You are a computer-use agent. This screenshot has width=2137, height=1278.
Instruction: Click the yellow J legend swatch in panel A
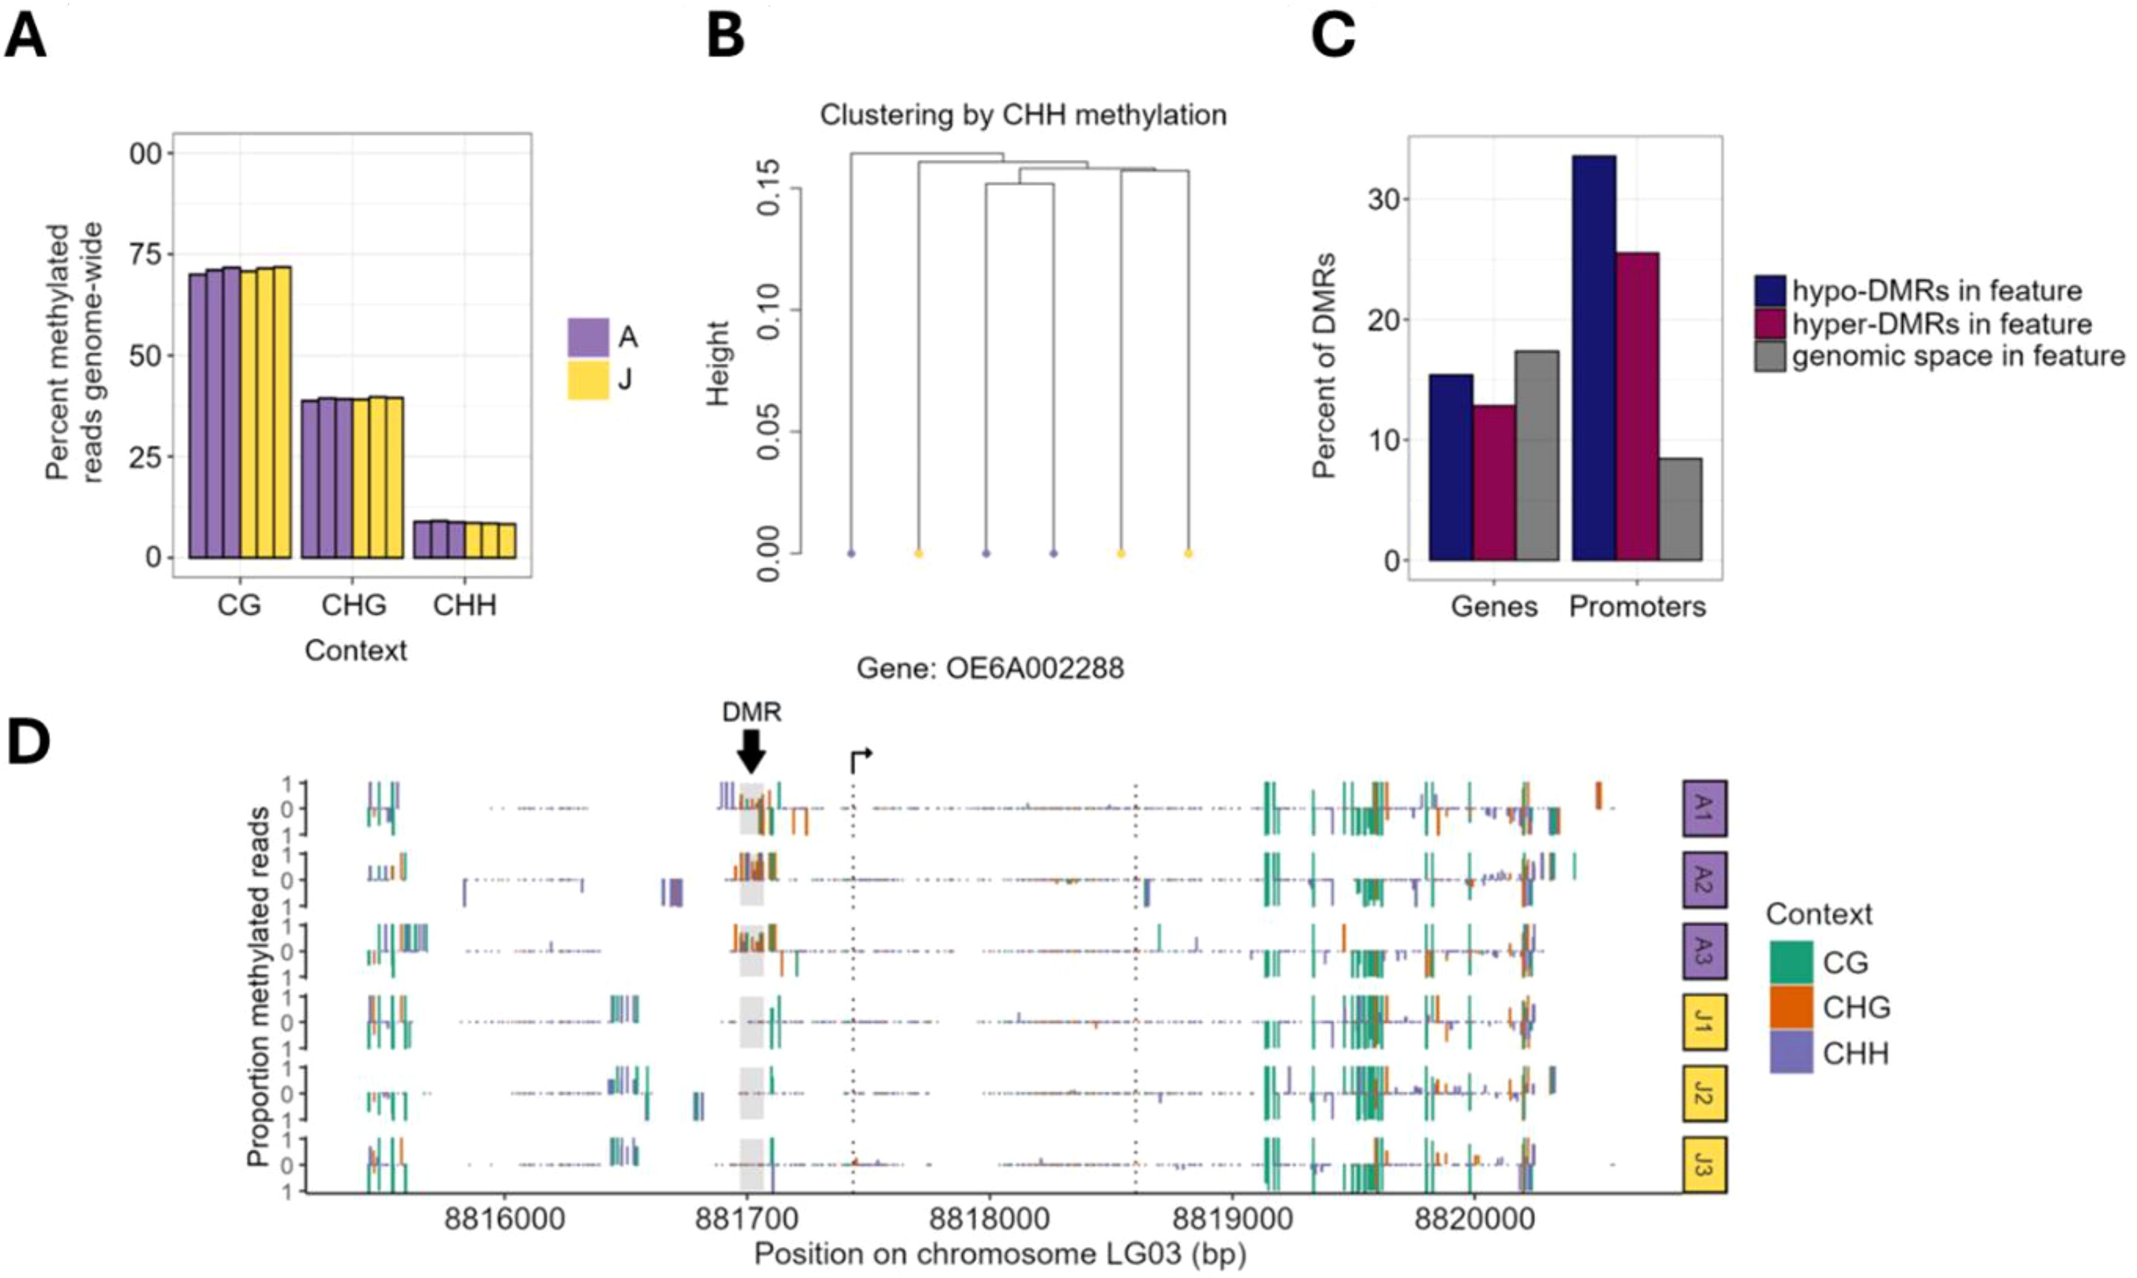(588, 380)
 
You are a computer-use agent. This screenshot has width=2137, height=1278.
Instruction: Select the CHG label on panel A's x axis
(354, 605)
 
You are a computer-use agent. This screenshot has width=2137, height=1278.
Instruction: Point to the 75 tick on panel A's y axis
(145, 254)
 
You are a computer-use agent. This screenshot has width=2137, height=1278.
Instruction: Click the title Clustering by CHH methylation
(1023, 114)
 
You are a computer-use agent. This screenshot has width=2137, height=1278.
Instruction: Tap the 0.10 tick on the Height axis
(768, 310)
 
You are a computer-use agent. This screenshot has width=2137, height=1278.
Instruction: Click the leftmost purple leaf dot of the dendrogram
(851, 554)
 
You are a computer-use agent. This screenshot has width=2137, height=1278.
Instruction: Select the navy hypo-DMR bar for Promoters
(1594, 358)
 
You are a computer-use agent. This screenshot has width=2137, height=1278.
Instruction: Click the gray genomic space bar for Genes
(1537, 456)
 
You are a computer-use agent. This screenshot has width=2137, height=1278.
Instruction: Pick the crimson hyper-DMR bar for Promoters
(1637, 407)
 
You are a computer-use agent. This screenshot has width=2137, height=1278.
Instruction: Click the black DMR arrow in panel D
(751, 752)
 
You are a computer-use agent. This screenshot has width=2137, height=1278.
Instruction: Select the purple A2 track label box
(1704, 879)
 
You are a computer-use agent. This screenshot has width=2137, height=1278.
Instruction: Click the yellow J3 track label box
(1704, 1164)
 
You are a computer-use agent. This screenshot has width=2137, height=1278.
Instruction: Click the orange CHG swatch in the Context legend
(1791, 1008)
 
